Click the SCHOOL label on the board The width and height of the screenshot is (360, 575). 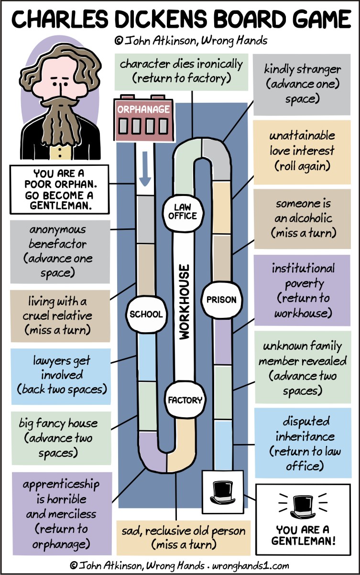146,314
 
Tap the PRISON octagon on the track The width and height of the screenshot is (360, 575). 221,300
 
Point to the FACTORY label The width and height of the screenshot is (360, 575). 185,400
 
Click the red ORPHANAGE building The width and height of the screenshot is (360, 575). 143,120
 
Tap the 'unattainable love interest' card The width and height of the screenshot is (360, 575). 302,151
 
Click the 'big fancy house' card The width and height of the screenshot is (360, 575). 58,438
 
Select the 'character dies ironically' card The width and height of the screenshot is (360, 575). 181,70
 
